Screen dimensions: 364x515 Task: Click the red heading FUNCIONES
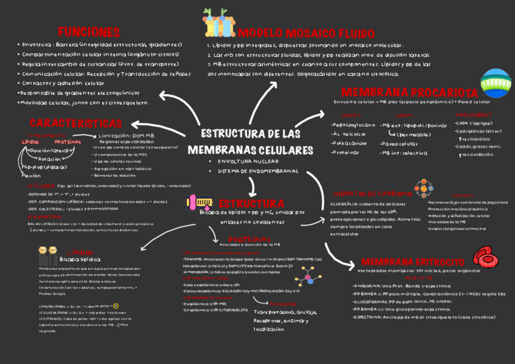tap(88, 32)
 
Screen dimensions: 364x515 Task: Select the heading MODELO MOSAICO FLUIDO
tap(297, 33)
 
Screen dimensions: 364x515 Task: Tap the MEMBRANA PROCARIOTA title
tap(409, 92)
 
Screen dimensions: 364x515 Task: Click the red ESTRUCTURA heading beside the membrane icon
tap(251, 202)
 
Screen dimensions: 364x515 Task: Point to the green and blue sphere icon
tap(495, 83)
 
